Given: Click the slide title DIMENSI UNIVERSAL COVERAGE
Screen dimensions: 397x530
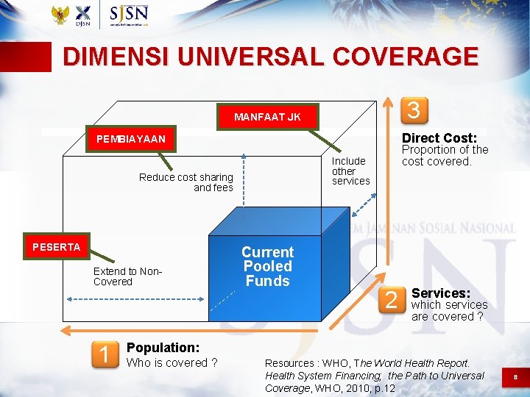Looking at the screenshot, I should click(x=270, y=57).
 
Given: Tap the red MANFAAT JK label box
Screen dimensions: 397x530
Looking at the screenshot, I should click(x=267, y=116).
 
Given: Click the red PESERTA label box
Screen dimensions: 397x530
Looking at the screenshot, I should click(x=56, y=247).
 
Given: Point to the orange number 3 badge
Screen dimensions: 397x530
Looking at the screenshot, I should click(x=414, y=110).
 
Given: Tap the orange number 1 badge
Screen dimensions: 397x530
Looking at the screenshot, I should click(x=104, y=355).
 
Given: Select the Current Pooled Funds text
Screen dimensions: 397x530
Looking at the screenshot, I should click(x=267, y=266).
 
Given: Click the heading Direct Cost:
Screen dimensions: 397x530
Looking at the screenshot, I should click(x=439, y=138).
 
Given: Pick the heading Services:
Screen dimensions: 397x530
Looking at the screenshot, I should click(x=441, y=293).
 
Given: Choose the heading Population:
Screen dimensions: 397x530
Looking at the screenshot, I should click(x=163, y=347).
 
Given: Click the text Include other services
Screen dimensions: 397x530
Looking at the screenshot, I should click(x=350, y=171).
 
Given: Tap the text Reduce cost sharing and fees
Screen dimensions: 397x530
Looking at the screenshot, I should click(x=187, y=182).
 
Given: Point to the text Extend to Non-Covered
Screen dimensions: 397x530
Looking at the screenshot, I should click(x=127, y=276).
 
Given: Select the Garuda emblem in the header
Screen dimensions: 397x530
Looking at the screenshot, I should click(x=60, y=15).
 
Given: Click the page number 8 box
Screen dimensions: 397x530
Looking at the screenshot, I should click(x=515, y=376).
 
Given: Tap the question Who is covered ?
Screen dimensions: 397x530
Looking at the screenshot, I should click(x=172, y=362).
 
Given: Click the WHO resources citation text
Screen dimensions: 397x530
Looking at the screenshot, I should click(x=374, y=375).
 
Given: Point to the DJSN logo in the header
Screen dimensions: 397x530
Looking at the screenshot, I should click(x=83, y=15).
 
